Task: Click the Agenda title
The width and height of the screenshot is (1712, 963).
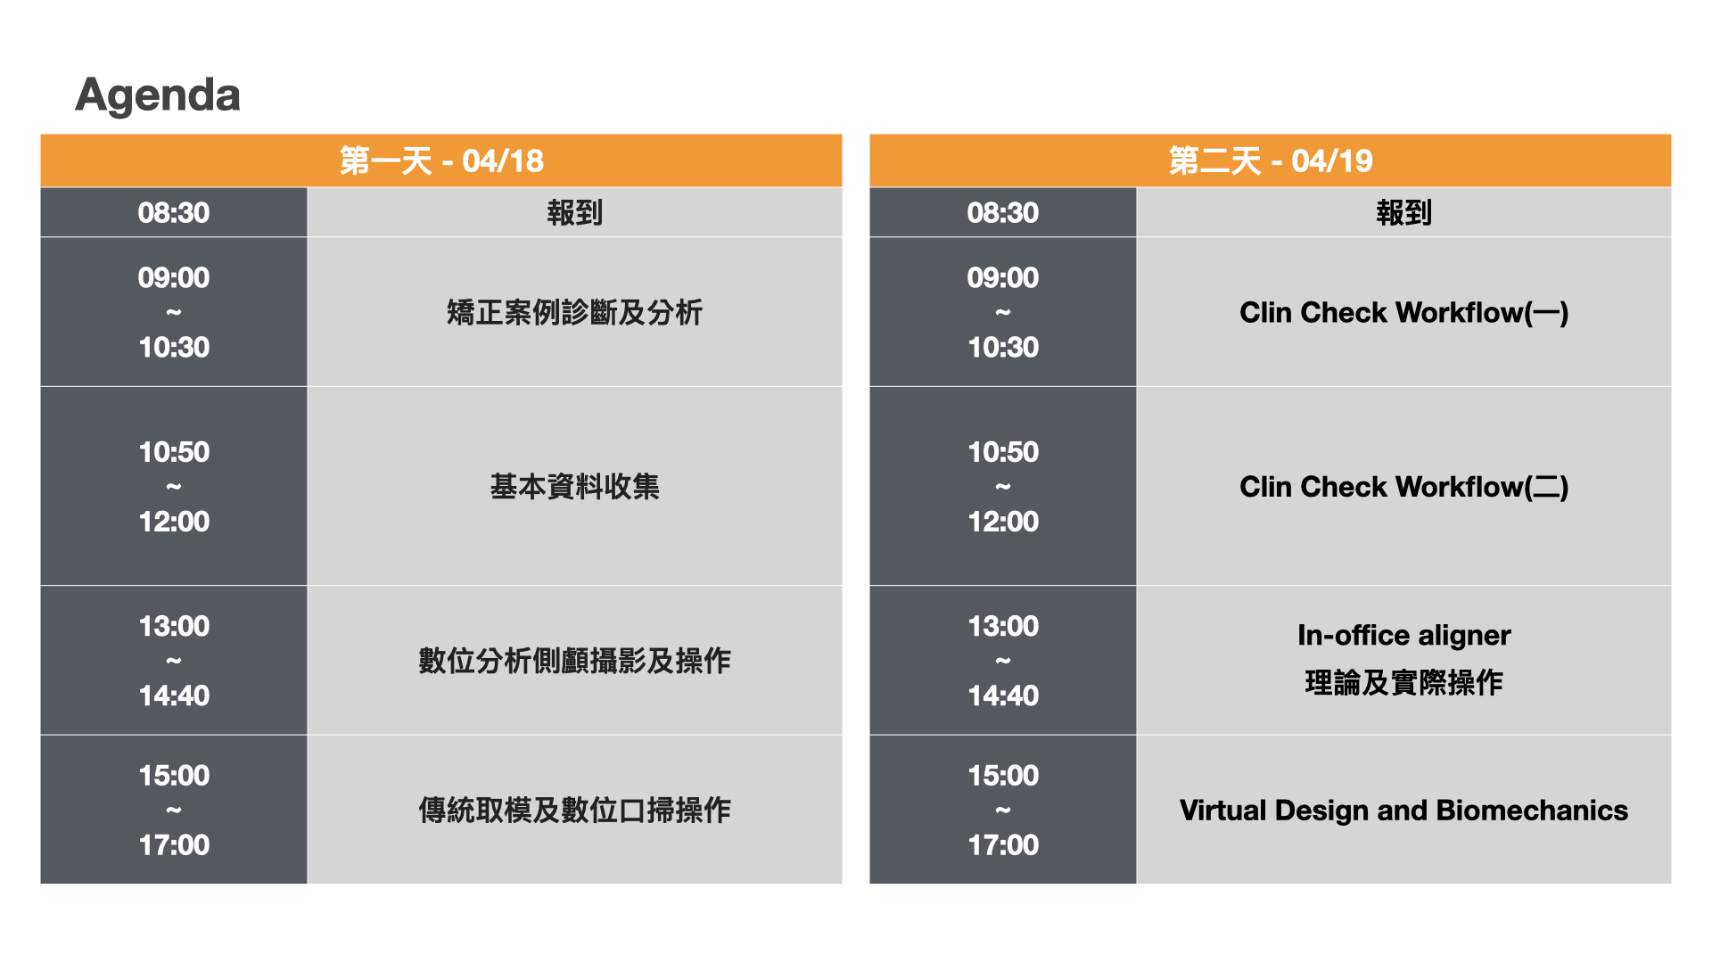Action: (158, 95)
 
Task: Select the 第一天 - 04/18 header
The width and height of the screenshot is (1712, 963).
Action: (441, 160)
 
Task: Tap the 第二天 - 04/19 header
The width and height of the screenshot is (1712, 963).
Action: (1271, 160)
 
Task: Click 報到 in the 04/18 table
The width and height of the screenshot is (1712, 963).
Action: (575, 212)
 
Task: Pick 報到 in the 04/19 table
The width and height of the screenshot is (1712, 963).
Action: (1404, 212)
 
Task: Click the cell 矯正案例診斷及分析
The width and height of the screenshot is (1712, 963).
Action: (575, 312)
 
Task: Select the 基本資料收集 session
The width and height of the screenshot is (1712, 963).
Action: (575, 486)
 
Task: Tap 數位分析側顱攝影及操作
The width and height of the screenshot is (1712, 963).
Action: (575, 661)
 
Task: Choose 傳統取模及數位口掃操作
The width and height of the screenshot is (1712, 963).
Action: (575, 810)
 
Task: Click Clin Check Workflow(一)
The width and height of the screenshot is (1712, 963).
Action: (1404, 312)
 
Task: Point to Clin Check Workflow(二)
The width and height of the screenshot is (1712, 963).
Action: (1404, 486)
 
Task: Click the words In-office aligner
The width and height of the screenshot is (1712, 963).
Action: (1404, 635)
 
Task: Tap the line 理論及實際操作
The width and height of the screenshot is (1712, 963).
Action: (1404, 683)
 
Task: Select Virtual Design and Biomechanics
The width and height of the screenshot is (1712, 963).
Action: (1404, 810)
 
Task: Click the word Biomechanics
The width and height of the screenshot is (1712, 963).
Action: (1533, 810)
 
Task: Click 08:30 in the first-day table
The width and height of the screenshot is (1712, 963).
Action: (174, 212)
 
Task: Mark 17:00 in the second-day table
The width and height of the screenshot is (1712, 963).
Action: (1003, 844)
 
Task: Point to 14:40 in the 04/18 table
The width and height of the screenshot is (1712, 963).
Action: (174, 695)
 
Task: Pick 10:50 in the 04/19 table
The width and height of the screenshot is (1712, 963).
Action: (1003, 452)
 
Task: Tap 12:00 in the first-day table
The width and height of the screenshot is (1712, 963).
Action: (174, 522)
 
